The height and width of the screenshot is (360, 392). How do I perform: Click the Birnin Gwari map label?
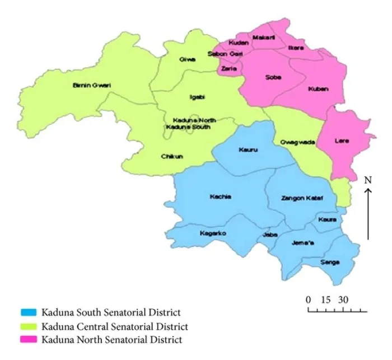92,85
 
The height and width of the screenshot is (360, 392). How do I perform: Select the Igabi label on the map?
198,97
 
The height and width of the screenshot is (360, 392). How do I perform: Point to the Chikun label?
172,157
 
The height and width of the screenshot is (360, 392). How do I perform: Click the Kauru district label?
247,149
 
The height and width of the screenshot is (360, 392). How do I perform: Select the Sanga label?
330,262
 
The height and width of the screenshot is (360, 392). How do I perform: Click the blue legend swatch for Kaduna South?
29,312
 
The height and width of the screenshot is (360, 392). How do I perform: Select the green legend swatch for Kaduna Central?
29,326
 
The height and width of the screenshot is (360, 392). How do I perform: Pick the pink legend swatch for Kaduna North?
29,339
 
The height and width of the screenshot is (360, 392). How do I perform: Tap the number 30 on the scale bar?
343,300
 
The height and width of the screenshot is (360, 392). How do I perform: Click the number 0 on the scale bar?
308,300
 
